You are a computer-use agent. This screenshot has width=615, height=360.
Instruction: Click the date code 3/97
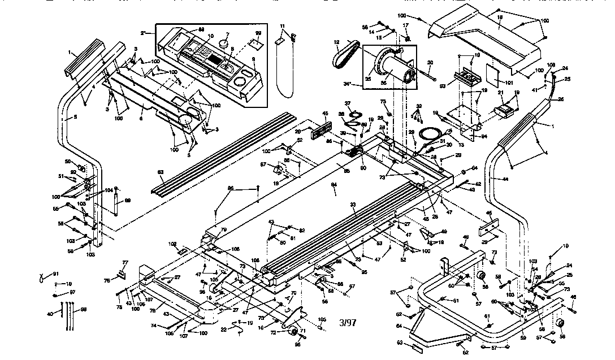[348, 323]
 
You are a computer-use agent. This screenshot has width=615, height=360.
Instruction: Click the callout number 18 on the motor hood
[500, 19]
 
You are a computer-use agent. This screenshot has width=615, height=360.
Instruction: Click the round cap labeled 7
[224, 43]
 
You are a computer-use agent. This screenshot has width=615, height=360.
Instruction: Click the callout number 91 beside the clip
[55, 274]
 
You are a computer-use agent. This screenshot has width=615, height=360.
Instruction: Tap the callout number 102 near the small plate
[172, 244]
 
